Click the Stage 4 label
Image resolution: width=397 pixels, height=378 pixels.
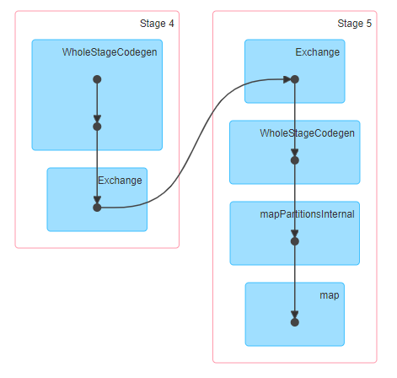click(157, 24)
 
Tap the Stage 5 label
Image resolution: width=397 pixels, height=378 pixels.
click(354, 24)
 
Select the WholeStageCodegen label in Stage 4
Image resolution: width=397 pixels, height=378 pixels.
click(110, 52)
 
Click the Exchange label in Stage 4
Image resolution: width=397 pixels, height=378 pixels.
click(120, 181)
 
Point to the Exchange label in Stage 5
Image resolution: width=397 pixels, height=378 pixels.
click(318, 52)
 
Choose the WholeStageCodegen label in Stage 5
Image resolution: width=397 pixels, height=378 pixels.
click(307, 133)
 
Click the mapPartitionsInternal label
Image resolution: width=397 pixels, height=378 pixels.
click(307, 214)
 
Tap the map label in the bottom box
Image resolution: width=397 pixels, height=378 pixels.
click(330, 295)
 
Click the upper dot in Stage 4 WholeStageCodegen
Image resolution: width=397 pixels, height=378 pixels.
click(97, 79)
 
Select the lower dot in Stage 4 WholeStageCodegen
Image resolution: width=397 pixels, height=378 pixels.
click(97, 127)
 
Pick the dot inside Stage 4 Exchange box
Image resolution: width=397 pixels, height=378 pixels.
click(97, 208)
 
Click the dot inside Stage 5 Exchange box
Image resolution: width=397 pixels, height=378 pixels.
click(295, 79)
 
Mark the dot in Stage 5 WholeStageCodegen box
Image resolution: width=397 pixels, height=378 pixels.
click(295, 160)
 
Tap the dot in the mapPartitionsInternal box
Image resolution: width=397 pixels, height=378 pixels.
click(295, 241)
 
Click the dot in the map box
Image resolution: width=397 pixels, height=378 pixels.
click(295, 322)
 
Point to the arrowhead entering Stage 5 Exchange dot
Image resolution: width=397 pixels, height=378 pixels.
click(287, 79)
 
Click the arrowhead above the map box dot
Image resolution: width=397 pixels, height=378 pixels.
click(295, 315)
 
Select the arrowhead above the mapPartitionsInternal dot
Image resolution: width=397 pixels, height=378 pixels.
click(295, 234)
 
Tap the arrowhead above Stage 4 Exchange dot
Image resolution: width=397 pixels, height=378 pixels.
click(97, 200)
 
